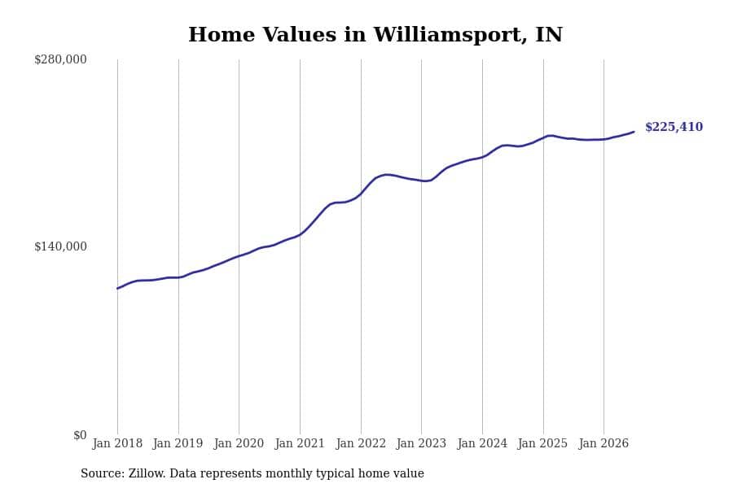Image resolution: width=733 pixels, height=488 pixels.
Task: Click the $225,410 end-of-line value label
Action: click(674, 127)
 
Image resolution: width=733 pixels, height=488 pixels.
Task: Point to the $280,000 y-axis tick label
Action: click(60, 59)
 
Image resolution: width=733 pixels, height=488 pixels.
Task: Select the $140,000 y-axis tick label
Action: click(60, 246)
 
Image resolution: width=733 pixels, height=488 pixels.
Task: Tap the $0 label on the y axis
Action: click(80, 435)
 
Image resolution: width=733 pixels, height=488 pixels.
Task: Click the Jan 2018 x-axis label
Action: click(117, 443)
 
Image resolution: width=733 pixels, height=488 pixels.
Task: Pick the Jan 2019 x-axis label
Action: click(178, 443)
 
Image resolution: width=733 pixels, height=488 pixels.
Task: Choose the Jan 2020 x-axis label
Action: click(239, 443)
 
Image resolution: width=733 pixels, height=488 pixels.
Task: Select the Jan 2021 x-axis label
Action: click(300, 443)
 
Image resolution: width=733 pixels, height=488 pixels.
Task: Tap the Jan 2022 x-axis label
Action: click(361, 443)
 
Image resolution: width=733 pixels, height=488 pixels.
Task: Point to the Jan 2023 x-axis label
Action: click(421, 443)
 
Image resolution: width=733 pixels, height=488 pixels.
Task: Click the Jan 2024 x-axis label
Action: click(482, 443)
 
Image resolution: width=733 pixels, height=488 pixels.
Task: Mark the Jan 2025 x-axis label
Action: click(542, 443)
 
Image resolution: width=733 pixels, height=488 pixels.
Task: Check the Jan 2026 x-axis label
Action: click(604, 443)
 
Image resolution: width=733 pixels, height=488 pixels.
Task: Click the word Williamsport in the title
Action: click(450, 35)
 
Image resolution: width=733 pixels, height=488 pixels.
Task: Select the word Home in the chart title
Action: click(222, 35)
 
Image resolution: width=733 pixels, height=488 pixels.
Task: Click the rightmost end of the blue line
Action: click(634, 132)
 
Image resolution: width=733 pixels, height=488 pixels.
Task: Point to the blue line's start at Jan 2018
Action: click(117, 289)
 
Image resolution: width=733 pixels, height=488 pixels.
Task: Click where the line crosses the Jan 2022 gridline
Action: click(361, 194)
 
